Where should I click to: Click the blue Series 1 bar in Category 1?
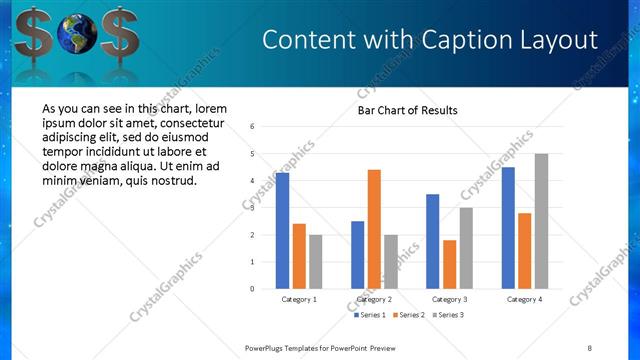tap(282, 231)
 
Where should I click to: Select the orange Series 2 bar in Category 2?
tap(374, 229)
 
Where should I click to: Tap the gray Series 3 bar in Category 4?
tap(541, 221)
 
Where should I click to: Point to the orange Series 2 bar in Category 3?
tap(449, 264)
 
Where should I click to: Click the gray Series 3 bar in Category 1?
tap(316, 261)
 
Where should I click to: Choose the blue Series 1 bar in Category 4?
tap(508, 228)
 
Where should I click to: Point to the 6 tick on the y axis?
tap(253, 127)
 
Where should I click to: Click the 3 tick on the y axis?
tap(253, 208)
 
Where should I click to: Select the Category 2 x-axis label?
tap(374, 299)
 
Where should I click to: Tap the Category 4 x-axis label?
tap(524, 299)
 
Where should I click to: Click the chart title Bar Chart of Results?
tap(408, 110)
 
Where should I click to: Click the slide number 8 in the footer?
tap(589, 347)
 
